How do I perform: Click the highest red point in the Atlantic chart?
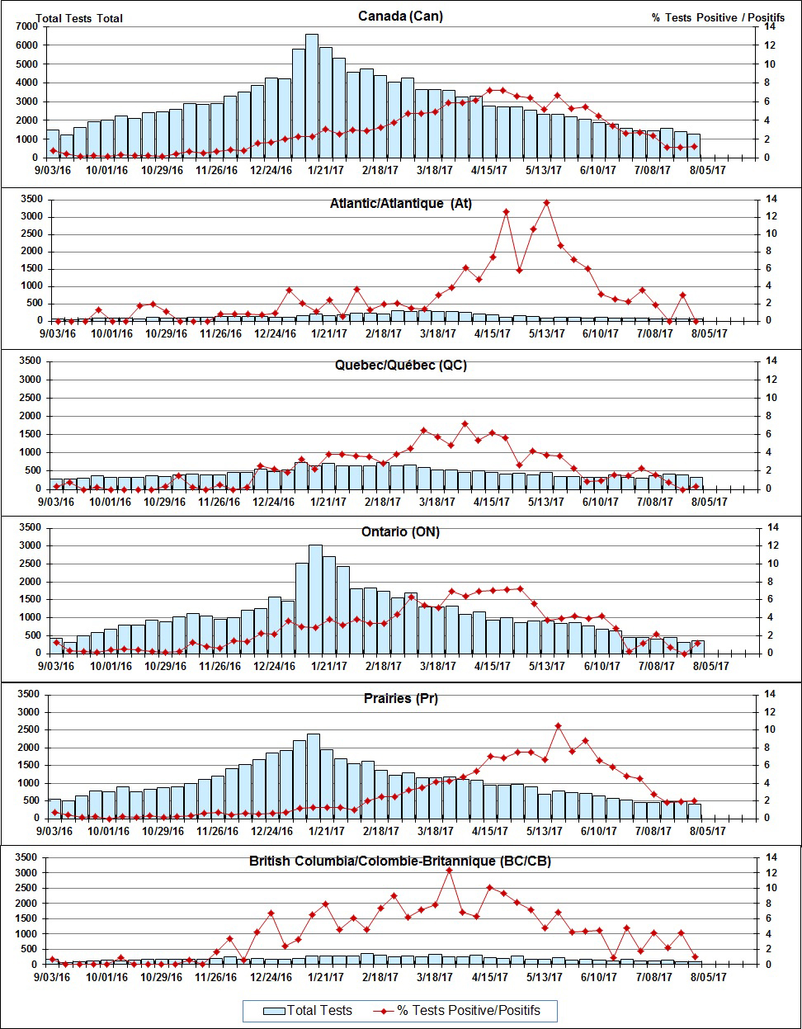(546, 202)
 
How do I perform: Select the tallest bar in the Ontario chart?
(315, 598)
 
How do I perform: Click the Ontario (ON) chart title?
(401, 532)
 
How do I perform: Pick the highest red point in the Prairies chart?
(559, 726)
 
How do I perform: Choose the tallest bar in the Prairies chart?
(314, 776)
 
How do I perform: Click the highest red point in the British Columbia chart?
(449, 871)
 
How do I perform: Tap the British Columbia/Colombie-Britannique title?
(400, 861)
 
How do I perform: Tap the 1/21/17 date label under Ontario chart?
(326, 666)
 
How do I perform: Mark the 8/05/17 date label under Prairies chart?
(709, 831)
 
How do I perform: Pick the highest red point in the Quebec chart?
(465, 424)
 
